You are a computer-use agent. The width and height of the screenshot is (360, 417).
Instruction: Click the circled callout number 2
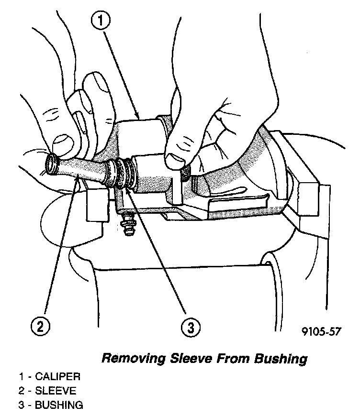point(40,327)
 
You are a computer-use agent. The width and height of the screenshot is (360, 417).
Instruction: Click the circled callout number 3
point(191,327)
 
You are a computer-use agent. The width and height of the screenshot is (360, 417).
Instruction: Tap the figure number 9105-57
point(321,331)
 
